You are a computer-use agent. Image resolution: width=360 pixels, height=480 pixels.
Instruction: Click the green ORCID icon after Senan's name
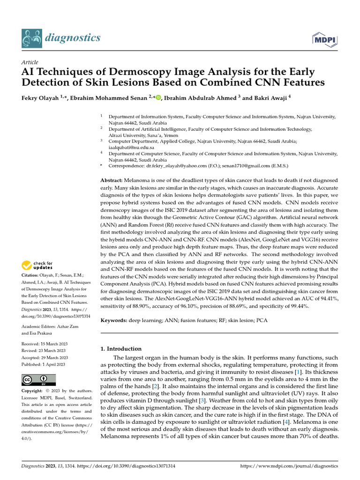[157, 97]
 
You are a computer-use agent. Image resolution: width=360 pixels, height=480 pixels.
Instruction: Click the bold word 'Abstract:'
[112, 180]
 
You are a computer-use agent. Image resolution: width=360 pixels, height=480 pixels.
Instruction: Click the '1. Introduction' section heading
[121, 349]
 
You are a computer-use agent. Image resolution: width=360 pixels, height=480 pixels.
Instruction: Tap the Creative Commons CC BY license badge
[38, 380]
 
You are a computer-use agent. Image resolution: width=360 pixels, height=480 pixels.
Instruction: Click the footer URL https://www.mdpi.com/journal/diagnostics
[289, 466]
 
